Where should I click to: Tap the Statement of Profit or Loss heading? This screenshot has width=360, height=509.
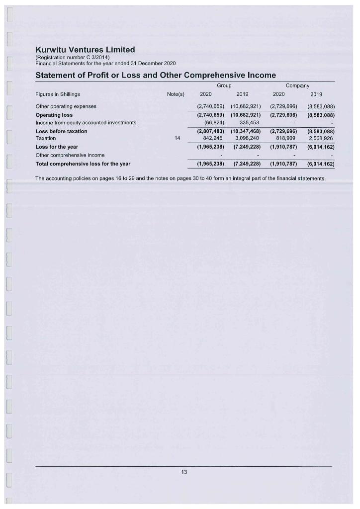pos(156,76)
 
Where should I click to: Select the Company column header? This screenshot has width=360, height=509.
pos(297,86)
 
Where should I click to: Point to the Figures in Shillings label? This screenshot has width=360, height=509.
pos(58,94)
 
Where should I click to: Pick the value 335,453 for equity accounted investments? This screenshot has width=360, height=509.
pos(246,122)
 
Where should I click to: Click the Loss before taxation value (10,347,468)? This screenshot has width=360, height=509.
pos(246,131)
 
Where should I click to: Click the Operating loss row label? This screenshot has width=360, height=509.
pos(54,115)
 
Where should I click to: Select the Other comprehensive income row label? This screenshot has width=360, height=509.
pos(70,155)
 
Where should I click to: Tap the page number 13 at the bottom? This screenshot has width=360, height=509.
pos(183,472)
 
